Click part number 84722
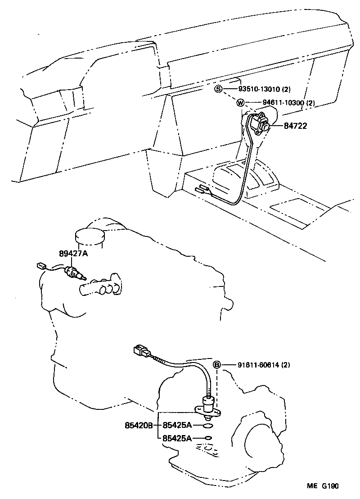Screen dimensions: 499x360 click(295, 126)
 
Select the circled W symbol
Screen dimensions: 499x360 click(240, 103)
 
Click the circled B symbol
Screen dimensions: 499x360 click(216, 365)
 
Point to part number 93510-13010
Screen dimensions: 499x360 click(254, 89)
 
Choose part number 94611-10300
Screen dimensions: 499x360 click(277, 103)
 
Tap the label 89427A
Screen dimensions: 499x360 click(73, 254)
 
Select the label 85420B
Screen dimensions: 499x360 click(139, 425)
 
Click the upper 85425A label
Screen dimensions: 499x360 click(177, 425)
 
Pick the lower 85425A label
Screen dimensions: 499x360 click(177, 437)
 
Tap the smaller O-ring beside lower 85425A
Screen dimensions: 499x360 click(207, 437)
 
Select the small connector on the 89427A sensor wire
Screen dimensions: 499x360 click(41, 266)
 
